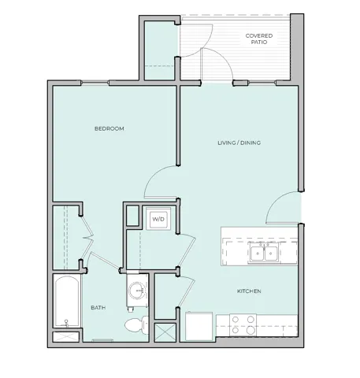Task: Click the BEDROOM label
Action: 109,128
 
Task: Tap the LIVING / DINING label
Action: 239,143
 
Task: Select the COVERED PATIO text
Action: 260,40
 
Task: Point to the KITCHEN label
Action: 249,291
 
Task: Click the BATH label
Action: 98,308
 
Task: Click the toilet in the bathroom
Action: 135,325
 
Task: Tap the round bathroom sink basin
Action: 139,291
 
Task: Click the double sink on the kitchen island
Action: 263,252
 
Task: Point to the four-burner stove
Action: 242,325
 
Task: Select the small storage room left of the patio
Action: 161,47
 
